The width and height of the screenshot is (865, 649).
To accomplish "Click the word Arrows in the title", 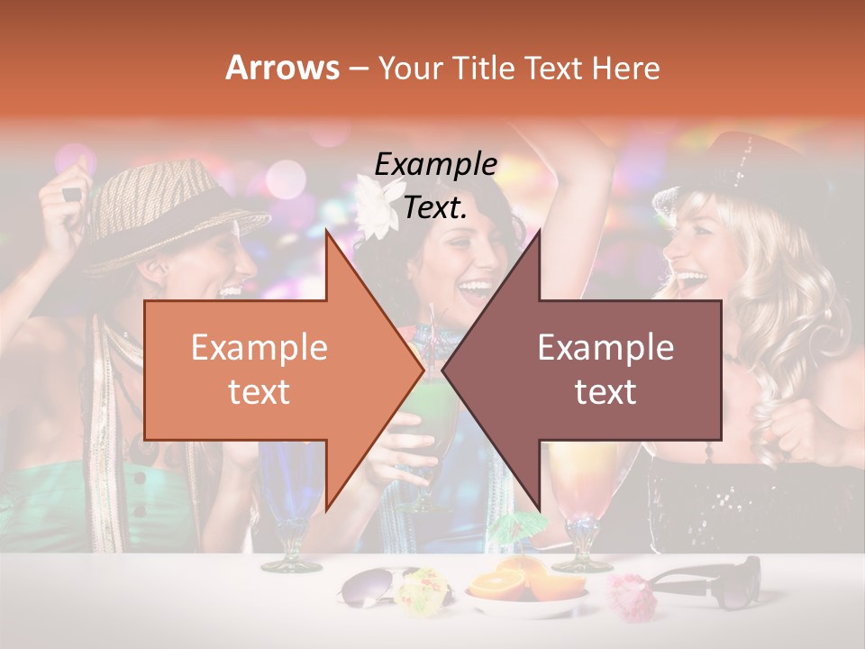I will pos(283,68).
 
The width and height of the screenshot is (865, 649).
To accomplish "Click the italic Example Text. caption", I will pos(435,186).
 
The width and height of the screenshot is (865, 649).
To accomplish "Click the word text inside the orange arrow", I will pos(259,391).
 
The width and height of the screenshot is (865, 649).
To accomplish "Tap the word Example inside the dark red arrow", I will pos(605,347).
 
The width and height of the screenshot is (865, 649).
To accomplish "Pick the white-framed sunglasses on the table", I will pos(369,588).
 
